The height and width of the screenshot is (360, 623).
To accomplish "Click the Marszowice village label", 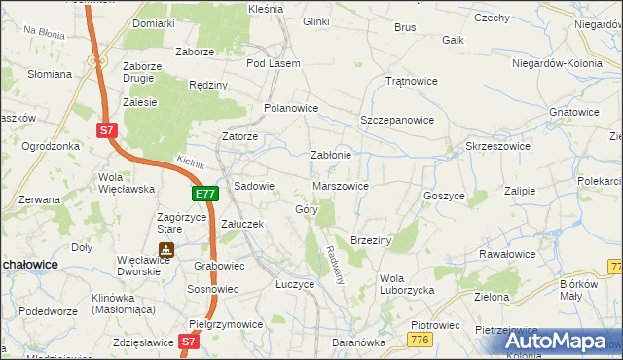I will [x=340, y=186].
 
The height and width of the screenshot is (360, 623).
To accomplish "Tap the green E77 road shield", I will [x=204, y=195].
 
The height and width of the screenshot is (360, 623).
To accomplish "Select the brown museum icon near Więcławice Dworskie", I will [x=166, y=249].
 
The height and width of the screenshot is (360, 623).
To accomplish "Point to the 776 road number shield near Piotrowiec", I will [x=420, y=338].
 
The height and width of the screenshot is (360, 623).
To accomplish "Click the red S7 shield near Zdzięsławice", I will [x=190, y=342].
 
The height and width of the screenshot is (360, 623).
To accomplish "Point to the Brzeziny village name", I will [x=370, y=239].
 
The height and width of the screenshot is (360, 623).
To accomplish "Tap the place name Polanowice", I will [x=291, y=108].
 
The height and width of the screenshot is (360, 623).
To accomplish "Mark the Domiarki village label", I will [x=154, y=22].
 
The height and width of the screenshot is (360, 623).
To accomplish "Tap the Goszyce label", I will [x=444, y=196].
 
